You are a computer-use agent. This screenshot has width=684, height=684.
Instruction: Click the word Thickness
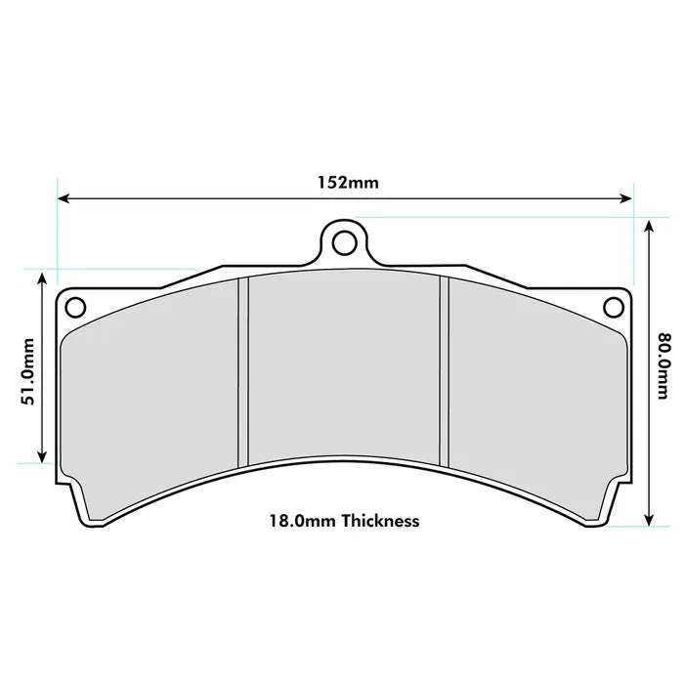(379, 521)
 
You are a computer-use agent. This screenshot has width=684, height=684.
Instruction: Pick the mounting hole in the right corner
(614, 307)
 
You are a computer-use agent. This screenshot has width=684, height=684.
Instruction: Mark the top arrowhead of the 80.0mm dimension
(649, 225)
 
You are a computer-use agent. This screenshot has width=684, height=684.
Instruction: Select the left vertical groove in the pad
(244, 371)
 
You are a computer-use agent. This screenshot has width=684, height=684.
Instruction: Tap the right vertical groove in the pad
(444, 371)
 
